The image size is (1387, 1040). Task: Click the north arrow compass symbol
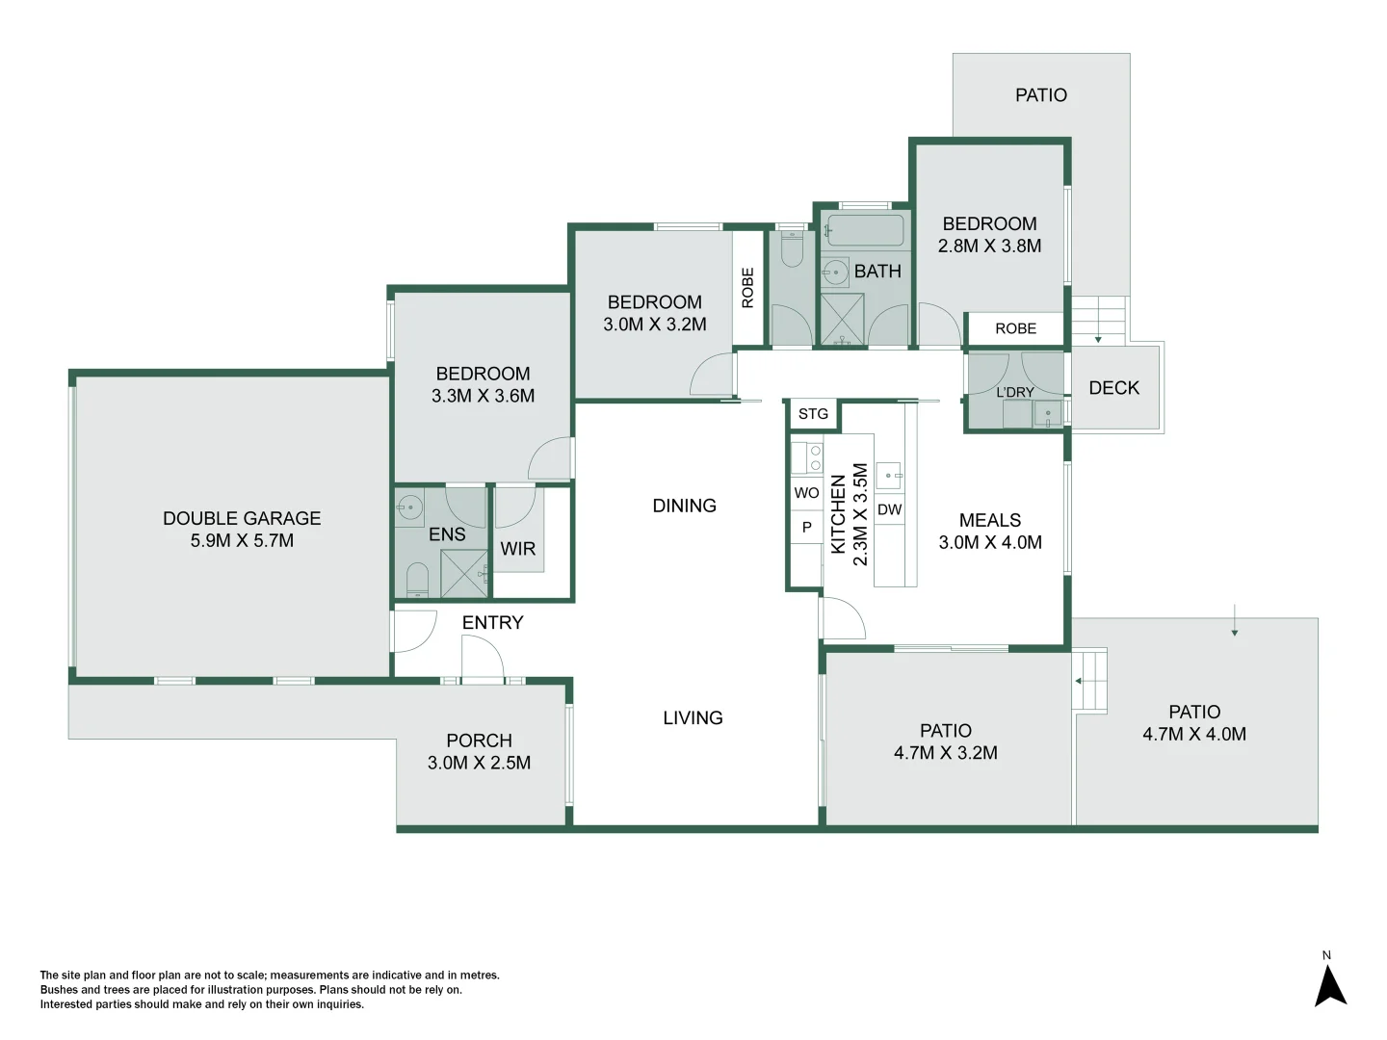(x=1330, y=984)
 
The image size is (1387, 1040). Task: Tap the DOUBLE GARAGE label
(x=242, y=518)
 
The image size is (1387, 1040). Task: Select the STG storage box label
(x=813, y=414)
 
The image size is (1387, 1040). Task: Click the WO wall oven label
(x=806, y=493)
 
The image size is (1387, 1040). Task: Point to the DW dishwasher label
(x=890, y=509)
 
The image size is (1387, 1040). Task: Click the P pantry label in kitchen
(x=807, y=528)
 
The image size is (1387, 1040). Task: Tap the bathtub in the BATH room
(x=865, y=231)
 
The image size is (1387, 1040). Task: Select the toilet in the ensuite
(x=417, y=579)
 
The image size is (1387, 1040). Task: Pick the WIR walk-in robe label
(x=517, y=549)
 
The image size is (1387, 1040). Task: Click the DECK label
(x=1113, y=388)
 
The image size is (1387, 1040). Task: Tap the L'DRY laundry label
(x=1014, y=392)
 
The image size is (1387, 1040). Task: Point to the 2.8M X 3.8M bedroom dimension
(x=989, y=247)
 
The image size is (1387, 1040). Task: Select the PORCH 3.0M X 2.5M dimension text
(x=479, y=763)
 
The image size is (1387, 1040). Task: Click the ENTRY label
(x=492, y=623)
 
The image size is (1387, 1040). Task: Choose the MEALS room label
(x=989, y=520)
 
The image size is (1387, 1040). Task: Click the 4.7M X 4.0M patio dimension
(x=1193, y=735)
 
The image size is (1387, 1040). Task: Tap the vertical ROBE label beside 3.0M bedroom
(x=747, y=288)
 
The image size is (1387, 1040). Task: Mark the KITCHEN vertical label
(x=838, y=513)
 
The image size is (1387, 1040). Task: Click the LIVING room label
(x=693, y=718)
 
